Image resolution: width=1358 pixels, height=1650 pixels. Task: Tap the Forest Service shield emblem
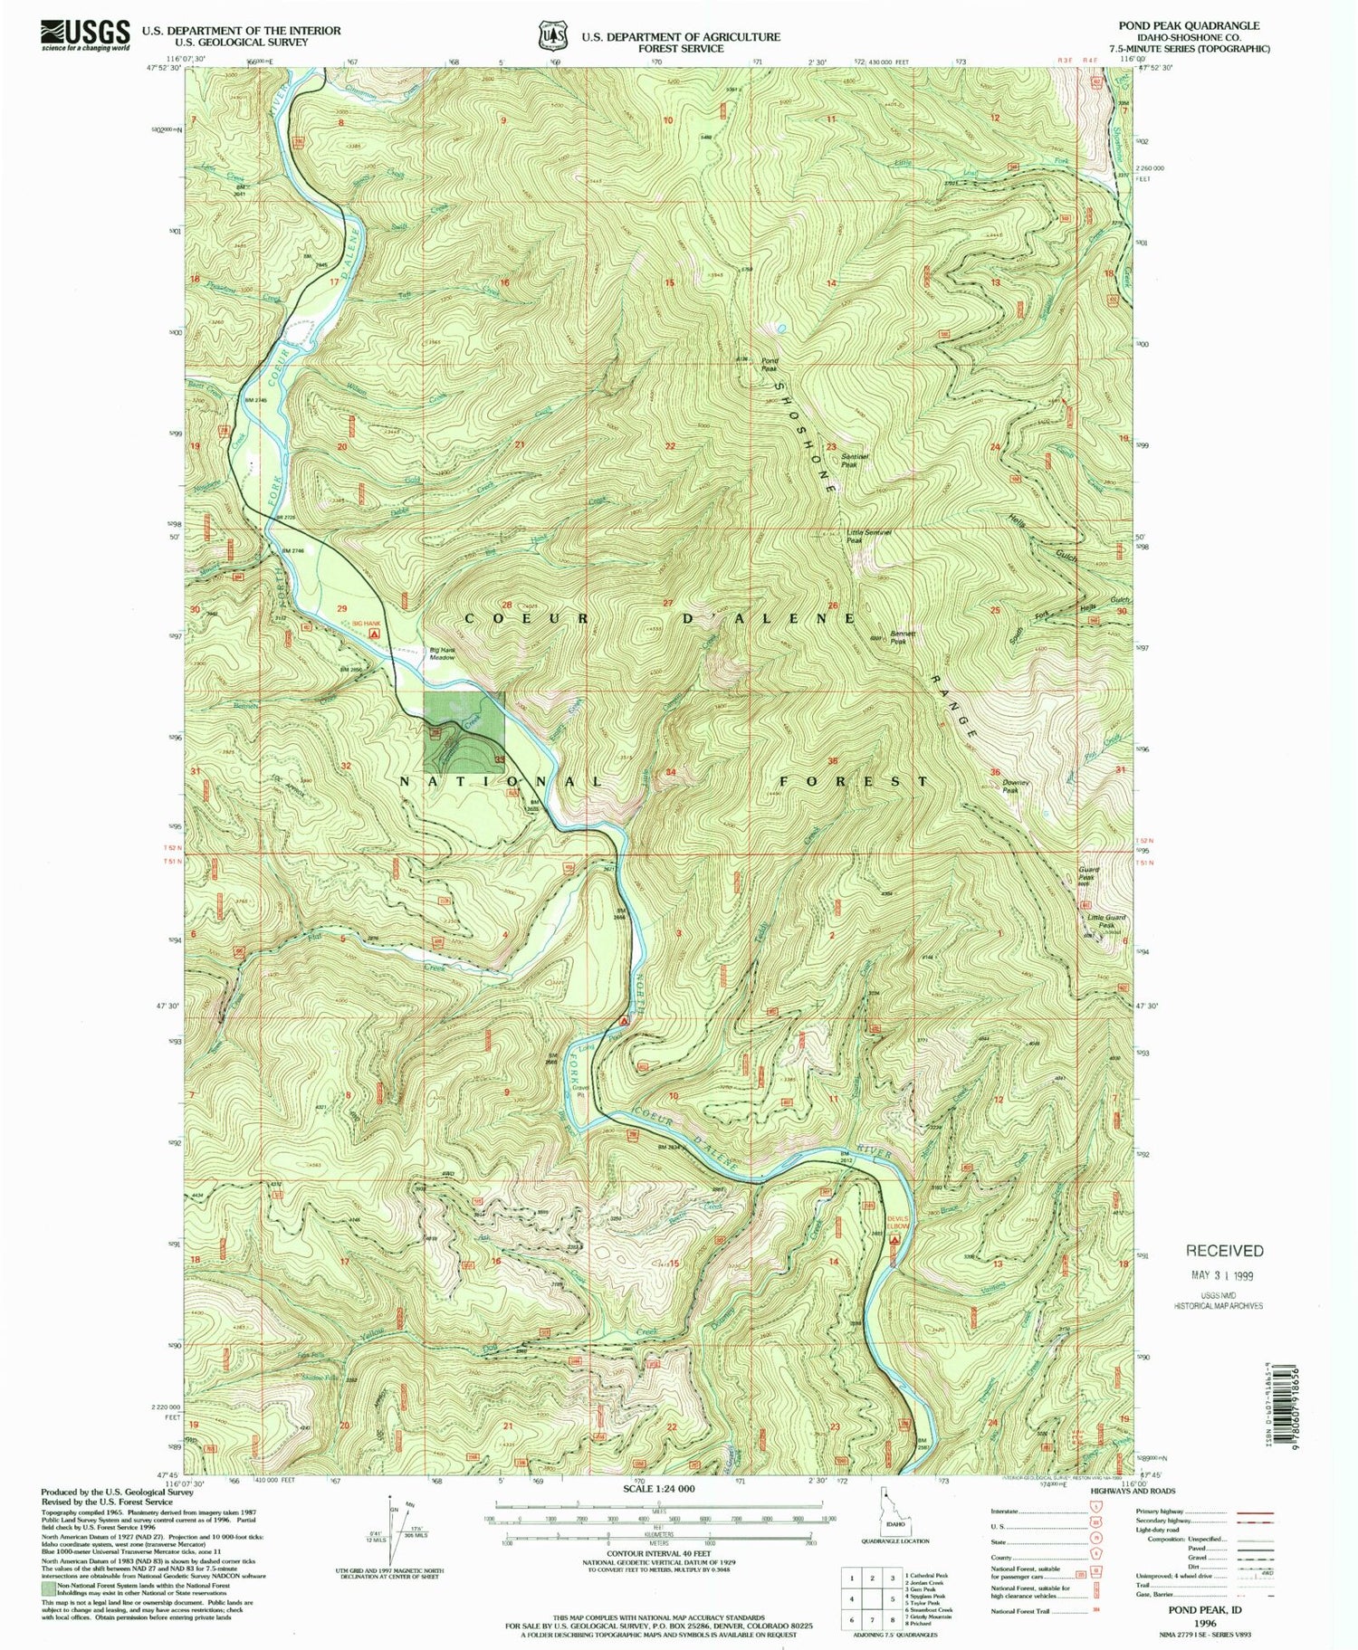551,34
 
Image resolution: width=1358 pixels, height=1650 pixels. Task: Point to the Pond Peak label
769,365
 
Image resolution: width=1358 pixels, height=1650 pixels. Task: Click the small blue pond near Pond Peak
780,328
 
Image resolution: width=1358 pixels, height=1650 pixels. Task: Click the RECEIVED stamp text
1224,1251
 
